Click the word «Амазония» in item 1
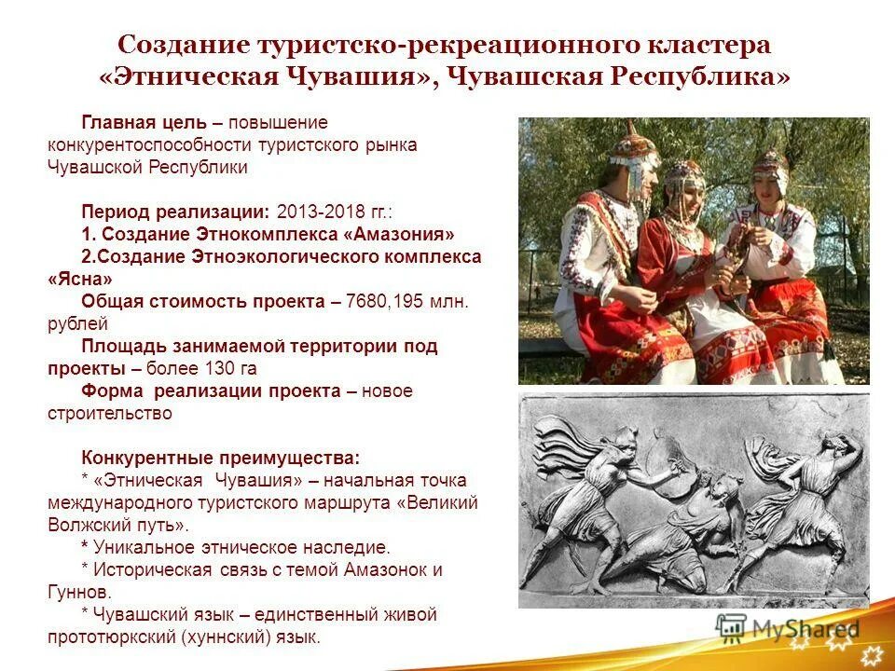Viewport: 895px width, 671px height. pos(406,235)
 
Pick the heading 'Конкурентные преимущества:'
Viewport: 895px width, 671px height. pos(220,459)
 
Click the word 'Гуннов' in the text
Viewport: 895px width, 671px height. pos(78,593)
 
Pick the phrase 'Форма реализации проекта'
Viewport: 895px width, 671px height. pos(211,391)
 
